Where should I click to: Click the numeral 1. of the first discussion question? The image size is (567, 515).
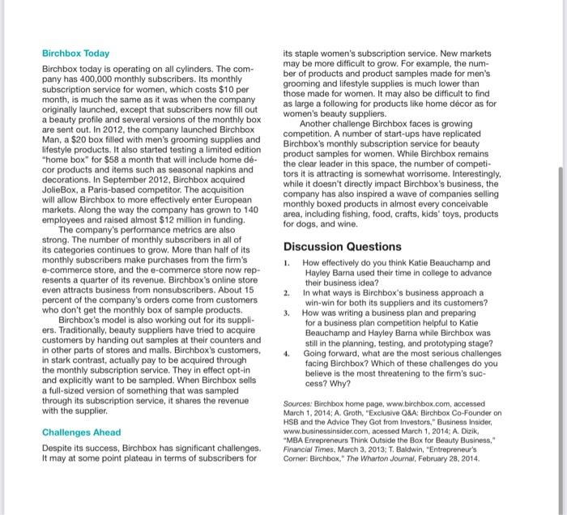pyautogui.click(x=288, y=263)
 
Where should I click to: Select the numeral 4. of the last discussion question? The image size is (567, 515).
pyautogui.click(x=288, y=354)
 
